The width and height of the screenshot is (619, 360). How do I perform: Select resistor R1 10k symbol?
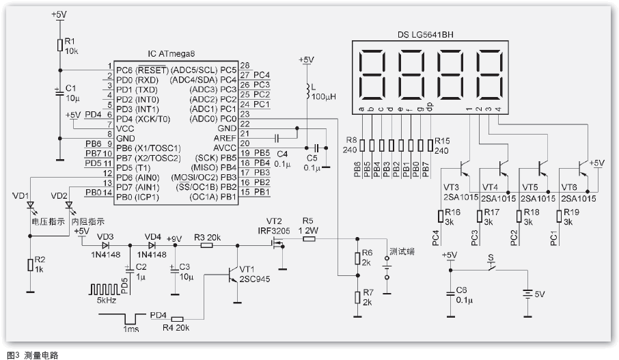tap(60, 45)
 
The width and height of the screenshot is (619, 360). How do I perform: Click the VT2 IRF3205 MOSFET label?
tap(275, 227)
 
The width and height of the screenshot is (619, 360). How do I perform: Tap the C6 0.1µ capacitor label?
tap(463, 294)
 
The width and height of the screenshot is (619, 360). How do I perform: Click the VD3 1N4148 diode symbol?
tap(105, 244)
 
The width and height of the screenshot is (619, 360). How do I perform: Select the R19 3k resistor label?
tap(573, 217)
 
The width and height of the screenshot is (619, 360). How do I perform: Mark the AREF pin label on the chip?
tap(225, 138)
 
